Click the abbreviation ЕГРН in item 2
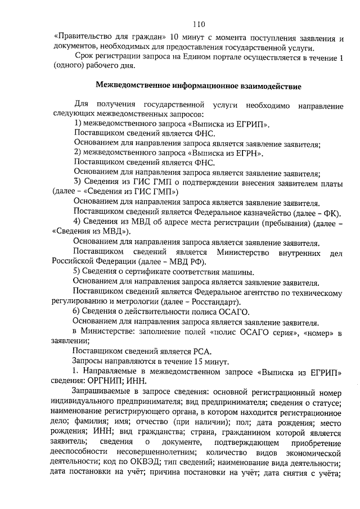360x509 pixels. coord(247,152)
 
